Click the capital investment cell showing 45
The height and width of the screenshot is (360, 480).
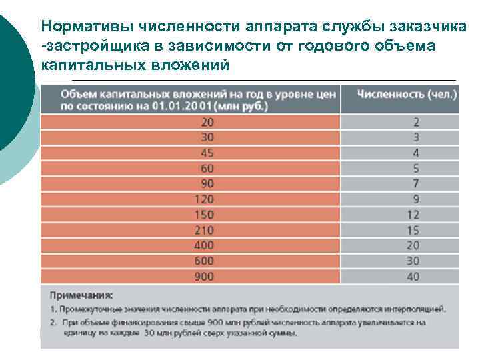click(208, 153)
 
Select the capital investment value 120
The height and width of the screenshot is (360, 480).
click(208, 199)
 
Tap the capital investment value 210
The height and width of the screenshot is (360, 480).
click(208, 230)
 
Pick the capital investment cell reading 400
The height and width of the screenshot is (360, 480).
click(208, 245)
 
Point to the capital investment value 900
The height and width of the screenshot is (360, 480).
click(208, 276)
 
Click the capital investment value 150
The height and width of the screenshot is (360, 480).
click(208, 215)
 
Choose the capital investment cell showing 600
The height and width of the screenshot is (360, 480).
click(208, 261)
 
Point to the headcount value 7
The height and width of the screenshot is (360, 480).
click(415, 183)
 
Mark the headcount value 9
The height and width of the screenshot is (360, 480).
click(415, 199)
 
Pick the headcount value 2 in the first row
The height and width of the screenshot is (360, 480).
click(415, 122)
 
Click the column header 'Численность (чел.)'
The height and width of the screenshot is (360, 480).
click(407, 94)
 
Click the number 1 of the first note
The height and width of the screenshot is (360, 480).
click(53, 309)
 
